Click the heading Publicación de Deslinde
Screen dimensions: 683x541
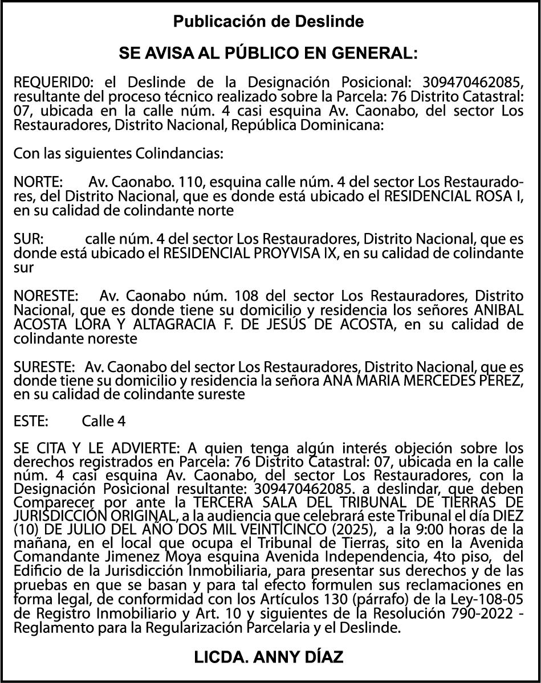tap(269, 22)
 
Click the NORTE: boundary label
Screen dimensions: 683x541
tap(38, 183)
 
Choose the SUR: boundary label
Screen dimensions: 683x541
tap(29, 239)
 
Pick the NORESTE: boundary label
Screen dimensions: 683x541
tap(46, 296)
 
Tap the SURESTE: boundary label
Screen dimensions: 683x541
tap(44, 366)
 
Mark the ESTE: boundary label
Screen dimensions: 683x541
tap(31, 422)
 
